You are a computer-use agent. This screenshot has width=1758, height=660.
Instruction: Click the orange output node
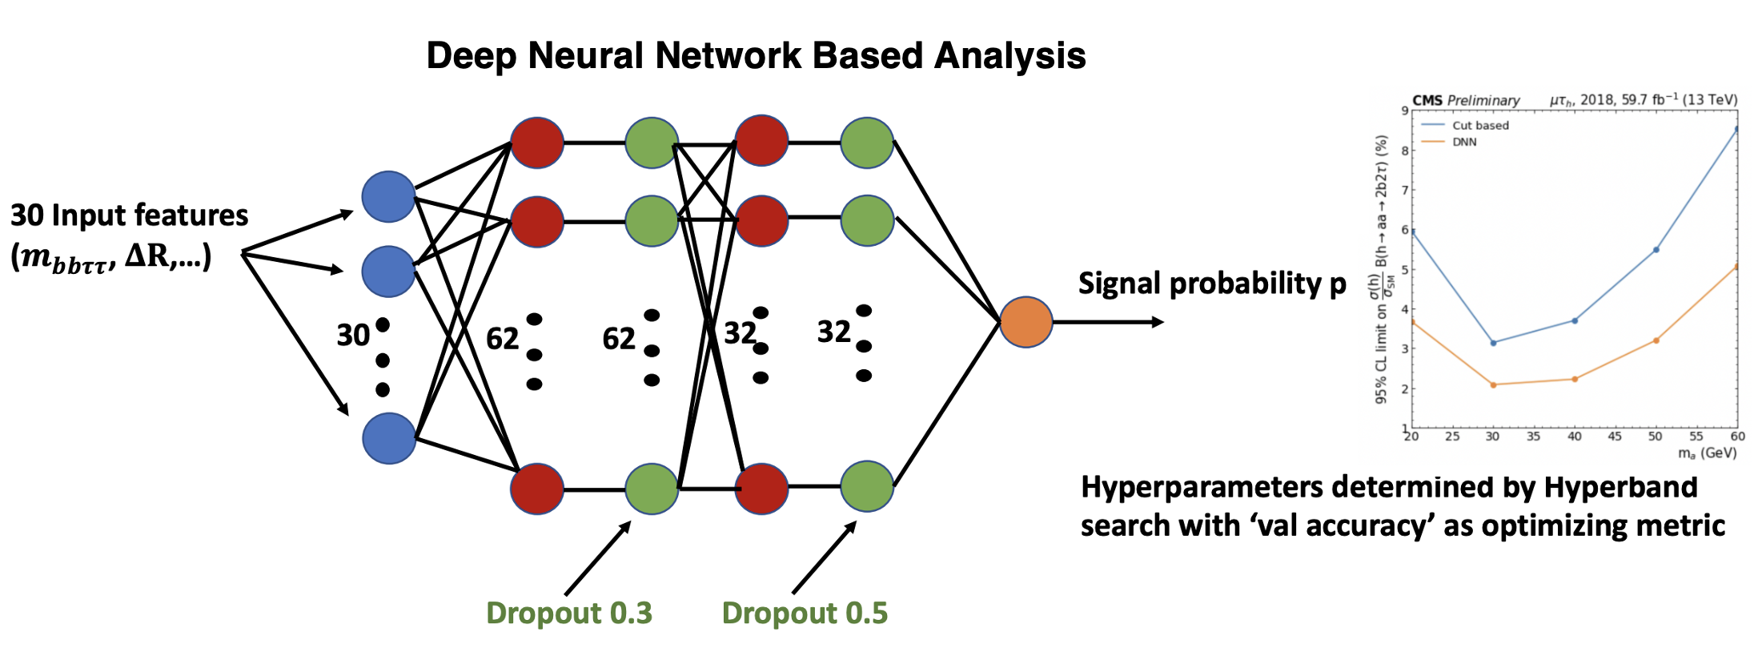(x=1026, y=322)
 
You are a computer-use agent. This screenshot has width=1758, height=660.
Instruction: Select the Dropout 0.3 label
(x=569, y=613)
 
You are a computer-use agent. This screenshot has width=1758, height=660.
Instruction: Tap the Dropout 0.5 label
(x=805, y=613)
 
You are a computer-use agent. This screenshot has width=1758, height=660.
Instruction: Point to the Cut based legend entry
(x=1480, y=126)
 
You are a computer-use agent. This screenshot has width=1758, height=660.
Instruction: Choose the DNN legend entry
(x=1464, y=143)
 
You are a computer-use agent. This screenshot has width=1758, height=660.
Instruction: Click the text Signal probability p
(x=1212, y=284)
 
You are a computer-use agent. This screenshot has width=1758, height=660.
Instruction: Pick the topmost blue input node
(x=388, y=196)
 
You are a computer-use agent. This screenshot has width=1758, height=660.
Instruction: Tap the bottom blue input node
(x=389, y=438)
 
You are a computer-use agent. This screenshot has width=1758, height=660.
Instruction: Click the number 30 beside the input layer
(x=353, y=335)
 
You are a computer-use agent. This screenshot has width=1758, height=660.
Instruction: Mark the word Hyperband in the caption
(x=1620, y=487)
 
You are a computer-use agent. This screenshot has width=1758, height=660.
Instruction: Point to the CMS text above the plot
(x=1427, y=100)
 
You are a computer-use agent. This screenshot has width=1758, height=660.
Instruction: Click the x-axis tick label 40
(x=1574, y=437)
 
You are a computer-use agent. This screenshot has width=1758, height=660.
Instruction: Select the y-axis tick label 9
(x=1405, y=111)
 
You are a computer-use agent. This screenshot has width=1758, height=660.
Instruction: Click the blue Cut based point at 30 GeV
(x=1493, y=343)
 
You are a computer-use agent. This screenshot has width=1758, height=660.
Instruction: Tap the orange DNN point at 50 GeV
(x=1656, y=340)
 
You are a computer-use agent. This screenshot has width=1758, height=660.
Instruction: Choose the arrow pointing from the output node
(x=1108, y=322)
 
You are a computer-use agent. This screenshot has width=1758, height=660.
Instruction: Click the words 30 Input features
(x=129, y=215)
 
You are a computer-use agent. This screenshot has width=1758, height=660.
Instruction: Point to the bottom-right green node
(x=867, y=486)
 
